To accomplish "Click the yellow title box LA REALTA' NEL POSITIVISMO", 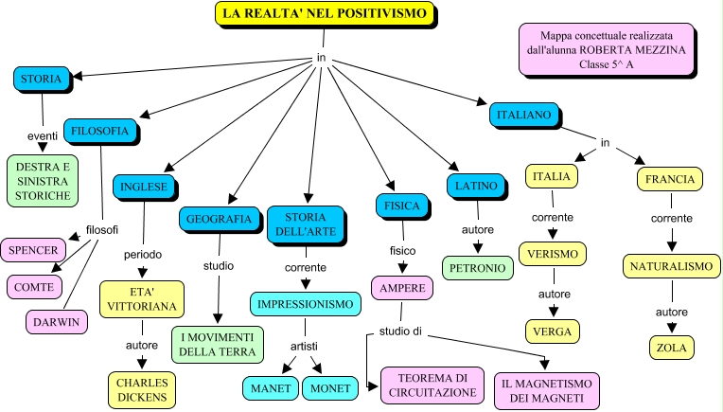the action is (x=325, y=13).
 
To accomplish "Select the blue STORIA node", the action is (x=42, y=79).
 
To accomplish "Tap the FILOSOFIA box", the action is (x=100, y=131).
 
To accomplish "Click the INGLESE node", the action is (x=144, y=187).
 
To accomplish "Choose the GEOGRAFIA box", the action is (x=219, y=219).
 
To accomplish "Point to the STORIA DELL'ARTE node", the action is (x=306, y=224).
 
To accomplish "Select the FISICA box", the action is (x=402, y=206).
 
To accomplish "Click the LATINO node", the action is (x=476, y=186).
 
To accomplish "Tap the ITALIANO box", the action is (x=524, y=115).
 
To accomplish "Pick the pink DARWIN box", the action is (x=57, y=322).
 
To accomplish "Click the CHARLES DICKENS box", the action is (x=142, y=390).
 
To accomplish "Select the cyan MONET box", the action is (x=330, y=388).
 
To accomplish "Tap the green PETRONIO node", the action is (x=478, y=268).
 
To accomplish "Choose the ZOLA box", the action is (x=672, y=348).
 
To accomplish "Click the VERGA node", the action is (x=553, y=331).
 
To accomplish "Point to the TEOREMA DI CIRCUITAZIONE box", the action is (x=432, y=385).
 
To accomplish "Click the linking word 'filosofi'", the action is (x=102, y=230).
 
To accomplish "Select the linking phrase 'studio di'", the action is (x=400, y=331).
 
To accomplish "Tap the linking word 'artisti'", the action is (x=304, y=346).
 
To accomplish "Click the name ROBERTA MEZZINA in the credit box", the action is (x=632, y=50).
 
